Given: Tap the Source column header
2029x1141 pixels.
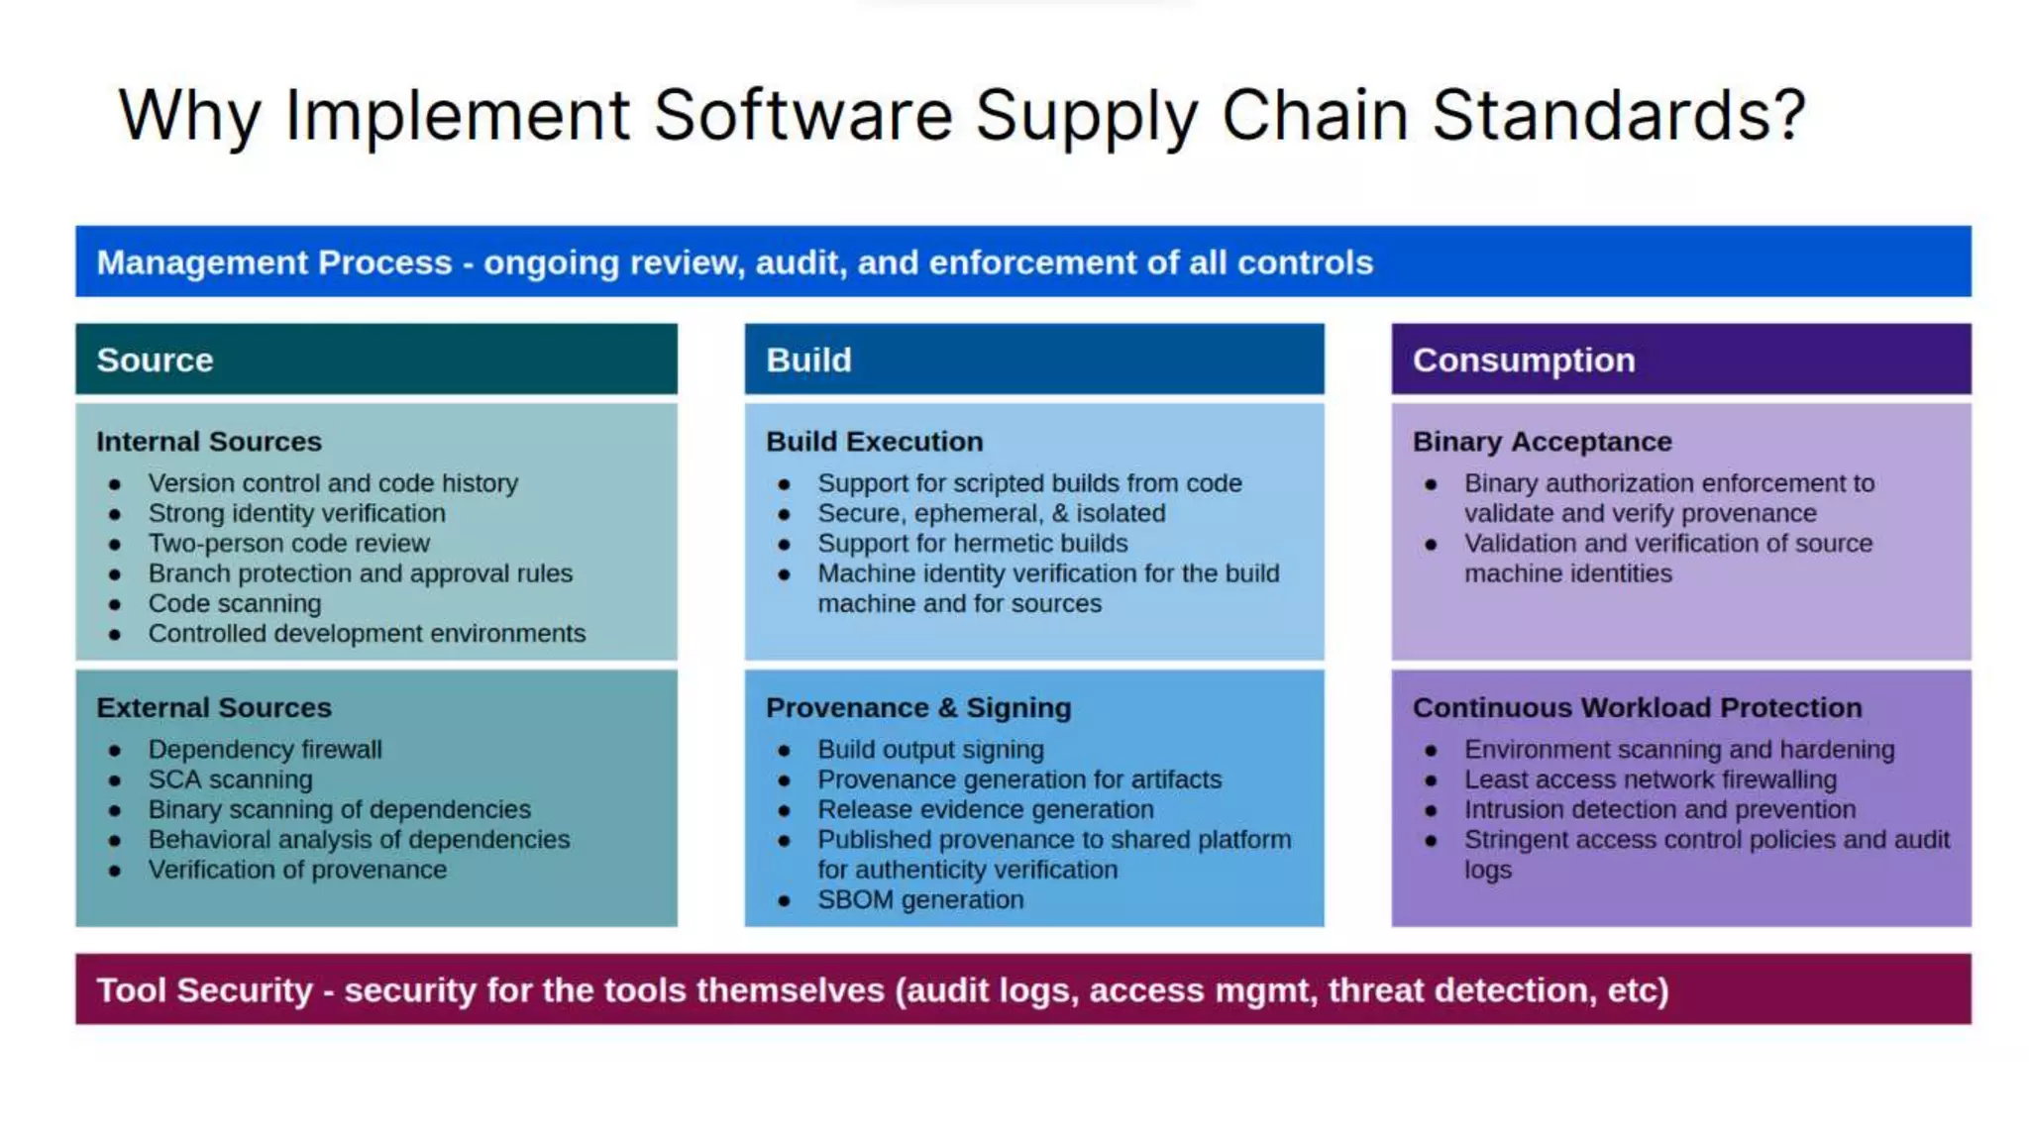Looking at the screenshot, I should tap(156, 361).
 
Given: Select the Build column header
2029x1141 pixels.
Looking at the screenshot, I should tap(808, 361).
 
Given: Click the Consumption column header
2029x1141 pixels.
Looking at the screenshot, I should tap(1523, 361).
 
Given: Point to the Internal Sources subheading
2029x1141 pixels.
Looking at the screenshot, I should tap(209, 442).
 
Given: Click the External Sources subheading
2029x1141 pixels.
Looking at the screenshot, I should tap(214, 708).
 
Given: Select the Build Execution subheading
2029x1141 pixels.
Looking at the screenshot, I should tap(874, 442).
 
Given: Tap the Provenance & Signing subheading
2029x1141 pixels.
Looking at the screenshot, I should tap(918, 708).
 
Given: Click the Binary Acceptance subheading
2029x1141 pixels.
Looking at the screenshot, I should tap(1542, 442).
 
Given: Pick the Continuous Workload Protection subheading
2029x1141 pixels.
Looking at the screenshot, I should tap(1637, 708).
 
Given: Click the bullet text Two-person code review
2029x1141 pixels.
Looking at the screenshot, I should tap(288, 544).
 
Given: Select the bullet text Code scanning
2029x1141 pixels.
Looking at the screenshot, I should tap(235, 604).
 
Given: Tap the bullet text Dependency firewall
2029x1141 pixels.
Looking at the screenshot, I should tap(265, 750).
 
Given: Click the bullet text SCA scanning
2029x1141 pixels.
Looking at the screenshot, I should tap(230, 780).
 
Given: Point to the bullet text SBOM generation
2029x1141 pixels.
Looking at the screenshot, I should tap(920, 900).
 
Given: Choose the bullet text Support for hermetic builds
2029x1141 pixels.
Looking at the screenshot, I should tap(972, 544).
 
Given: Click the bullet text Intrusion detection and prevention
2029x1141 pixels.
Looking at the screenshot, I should tap(1659, 810).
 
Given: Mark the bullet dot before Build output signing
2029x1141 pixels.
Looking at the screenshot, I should tap(784, 751).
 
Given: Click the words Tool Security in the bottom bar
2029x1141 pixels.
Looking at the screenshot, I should tap(204, 990).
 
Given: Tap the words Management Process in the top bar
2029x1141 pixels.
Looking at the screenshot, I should tap(274, 262).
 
